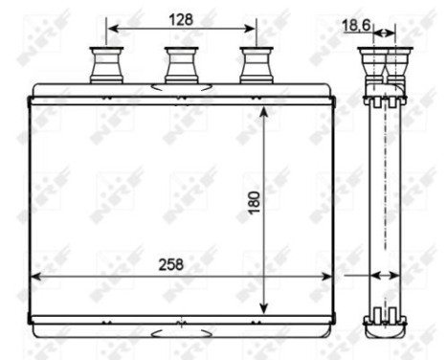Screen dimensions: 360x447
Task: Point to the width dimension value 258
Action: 170,263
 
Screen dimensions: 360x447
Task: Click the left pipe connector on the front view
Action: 103,66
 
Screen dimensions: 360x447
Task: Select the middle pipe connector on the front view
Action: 180,66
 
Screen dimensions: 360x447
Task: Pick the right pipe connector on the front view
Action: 256,66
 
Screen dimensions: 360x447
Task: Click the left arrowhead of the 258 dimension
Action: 36,276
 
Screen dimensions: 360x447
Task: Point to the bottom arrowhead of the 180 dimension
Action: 264,308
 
